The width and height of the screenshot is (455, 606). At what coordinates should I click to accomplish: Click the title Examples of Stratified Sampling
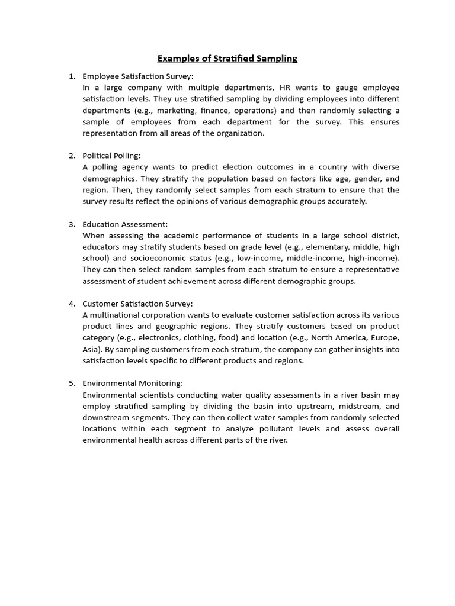[x=227, y=58]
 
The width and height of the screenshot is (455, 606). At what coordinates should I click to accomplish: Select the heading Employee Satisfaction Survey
[x=138, y=76]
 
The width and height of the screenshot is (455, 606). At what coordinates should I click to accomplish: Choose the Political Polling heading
[x=112, y=156]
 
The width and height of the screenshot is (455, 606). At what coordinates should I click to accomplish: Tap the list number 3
[x=72, y=224]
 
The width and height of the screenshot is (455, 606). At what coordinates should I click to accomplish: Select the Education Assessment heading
[x=125, y=224]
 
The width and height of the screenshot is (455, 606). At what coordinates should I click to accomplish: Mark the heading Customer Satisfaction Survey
[x=138, y=304]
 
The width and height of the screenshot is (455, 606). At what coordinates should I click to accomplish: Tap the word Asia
[x=91, y=349]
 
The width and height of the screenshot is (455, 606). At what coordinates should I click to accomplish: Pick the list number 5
[x=72, y=383]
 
